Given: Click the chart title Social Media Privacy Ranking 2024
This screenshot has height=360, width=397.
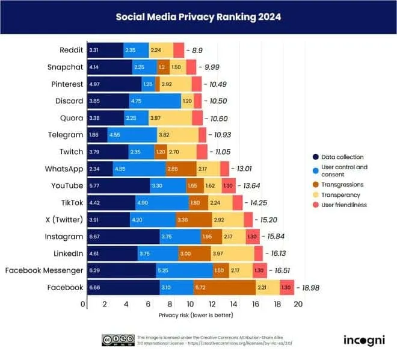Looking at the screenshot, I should tap(198, 17).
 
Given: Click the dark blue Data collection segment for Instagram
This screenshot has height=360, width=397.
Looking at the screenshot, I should tap(123, 237).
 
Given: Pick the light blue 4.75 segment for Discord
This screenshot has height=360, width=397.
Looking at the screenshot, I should tap(155, 101).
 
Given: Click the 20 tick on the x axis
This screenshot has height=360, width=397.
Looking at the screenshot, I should tap(297, 305).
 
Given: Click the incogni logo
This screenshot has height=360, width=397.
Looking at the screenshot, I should tap(365, 340).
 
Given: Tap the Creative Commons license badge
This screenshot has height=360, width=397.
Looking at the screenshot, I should tap(117, 340).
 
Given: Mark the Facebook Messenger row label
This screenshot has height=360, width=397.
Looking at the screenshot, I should tap(44, 270).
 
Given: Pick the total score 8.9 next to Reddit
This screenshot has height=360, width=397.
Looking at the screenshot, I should tap(197, 51).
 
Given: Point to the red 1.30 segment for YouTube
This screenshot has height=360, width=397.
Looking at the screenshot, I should tap(229, 186).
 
